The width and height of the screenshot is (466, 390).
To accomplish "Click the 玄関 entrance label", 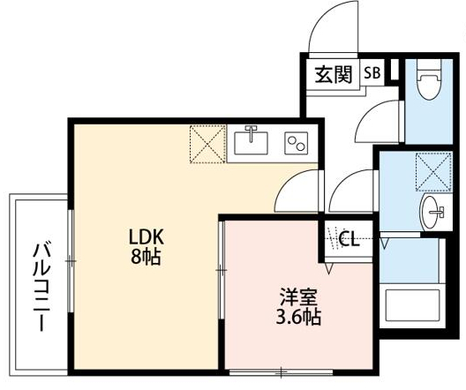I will tap(333, 74).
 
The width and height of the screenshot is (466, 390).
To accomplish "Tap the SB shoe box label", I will tap(372, 74).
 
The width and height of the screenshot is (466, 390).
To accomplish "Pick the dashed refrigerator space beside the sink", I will tap(208, 144).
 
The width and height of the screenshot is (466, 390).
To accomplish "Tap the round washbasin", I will tap(432, 213).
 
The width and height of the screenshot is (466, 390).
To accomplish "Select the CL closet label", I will tap(348, 237).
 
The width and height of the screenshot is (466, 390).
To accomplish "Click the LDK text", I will tap(147, 237).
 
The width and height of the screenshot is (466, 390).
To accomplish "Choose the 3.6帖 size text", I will tap(295, 318).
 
